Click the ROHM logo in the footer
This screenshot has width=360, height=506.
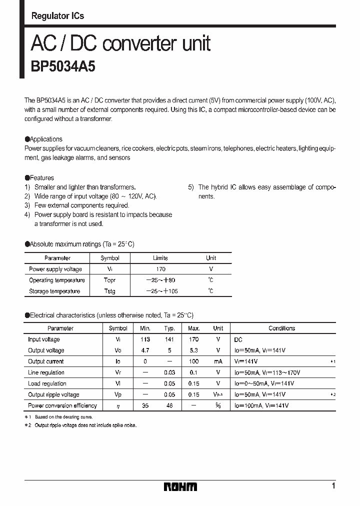point(180,486)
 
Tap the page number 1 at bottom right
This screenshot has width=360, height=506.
point(333,486)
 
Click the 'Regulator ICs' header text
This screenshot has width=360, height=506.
point(57,16)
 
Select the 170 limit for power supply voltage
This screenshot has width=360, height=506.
point(160,269)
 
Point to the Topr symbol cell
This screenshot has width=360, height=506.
point(109,280)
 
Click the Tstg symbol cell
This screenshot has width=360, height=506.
point(109,291)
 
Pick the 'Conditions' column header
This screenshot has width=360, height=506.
point(281,328)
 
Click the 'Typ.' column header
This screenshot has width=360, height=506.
point(169,328)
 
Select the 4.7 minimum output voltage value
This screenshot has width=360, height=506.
point(145,350)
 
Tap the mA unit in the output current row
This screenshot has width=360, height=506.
point(218,361)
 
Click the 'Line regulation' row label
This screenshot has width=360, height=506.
point(46,372)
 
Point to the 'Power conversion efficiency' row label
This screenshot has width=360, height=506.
point(62,405)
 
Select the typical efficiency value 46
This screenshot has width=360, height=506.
point(169,405)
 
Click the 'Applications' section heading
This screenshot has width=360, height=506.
point(45,139)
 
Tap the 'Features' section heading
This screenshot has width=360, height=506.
point(41,177)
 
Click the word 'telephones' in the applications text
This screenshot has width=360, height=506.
point(238,148)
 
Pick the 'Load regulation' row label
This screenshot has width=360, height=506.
point(47,383)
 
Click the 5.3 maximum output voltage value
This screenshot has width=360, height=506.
point(194,350)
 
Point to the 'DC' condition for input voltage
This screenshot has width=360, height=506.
point(238,339)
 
